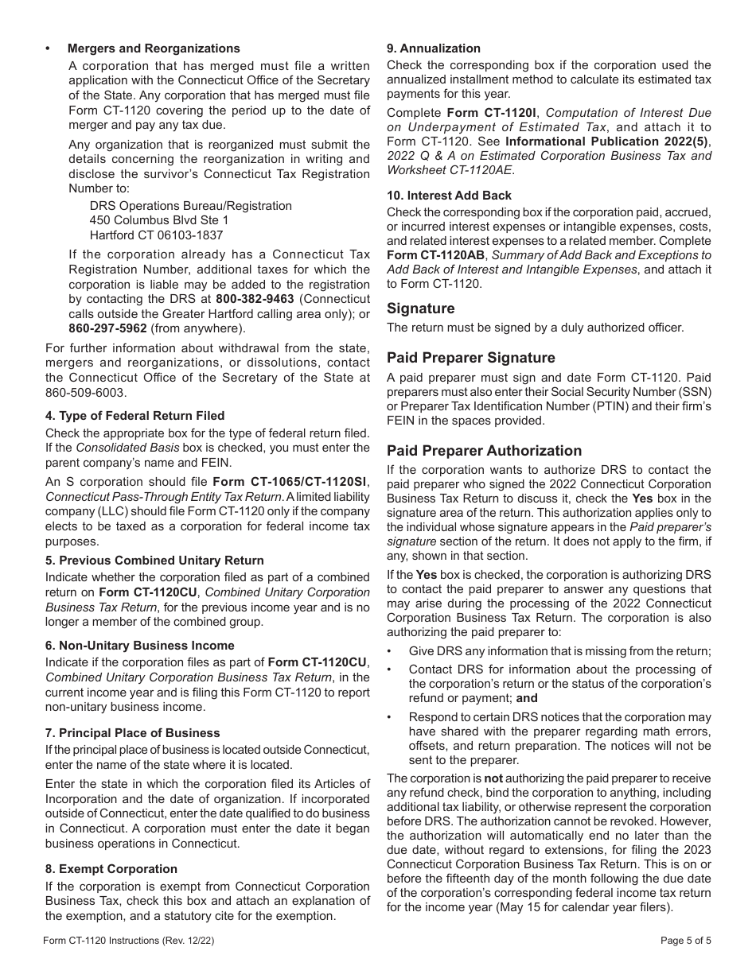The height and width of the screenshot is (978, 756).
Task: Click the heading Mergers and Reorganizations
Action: pos(154,49)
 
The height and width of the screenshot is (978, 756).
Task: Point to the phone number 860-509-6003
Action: pos(82,393)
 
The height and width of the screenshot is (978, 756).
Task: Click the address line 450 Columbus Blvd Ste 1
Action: pos(159,220)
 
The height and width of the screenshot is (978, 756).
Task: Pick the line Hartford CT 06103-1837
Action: pos(156,235)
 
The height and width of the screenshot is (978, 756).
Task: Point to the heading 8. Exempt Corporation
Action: pos(111,869)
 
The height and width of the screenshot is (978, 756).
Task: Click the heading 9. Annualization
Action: pos(434,49)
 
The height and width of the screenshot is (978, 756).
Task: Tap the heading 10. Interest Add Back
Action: pos(449,196)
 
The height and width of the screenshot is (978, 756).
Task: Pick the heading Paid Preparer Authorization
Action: pos(484,451)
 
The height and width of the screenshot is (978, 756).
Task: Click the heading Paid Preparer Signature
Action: pos(471,358)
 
